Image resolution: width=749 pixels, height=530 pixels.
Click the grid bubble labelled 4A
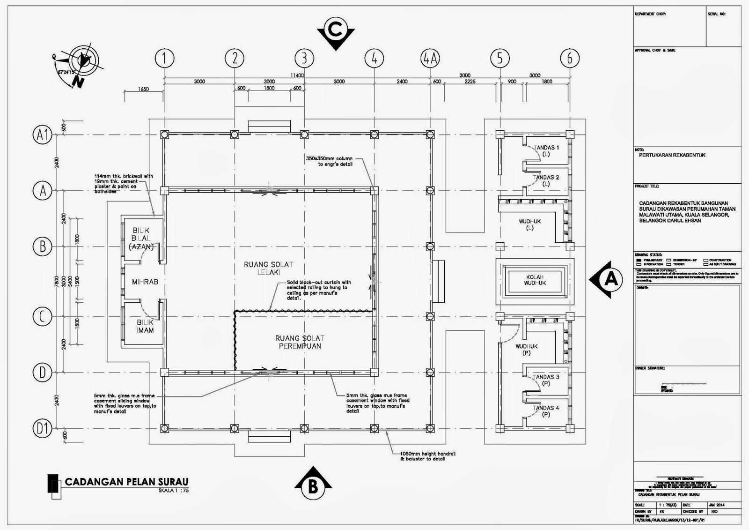click(430, 59)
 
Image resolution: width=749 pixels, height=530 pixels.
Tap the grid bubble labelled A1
click(42, 135)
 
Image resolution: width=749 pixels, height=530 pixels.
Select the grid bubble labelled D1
click(42, 428)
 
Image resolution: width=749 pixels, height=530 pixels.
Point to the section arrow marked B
click(313, 485)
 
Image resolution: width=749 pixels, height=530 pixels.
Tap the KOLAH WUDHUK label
click(535, 280)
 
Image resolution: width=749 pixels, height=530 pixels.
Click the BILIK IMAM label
click(145, 326)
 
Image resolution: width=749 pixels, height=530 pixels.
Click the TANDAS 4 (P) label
click(546, 411)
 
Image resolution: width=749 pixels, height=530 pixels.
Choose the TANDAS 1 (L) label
click(546, 150)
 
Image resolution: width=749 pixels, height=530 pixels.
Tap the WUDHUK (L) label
click(529, 224)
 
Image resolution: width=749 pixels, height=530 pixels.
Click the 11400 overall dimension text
click(297, 75)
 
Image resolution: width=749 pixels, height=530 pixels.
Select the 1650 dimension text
click(144, 89)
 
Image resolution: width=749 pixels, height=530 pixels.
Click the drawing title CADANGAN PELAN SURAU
click(126, 482)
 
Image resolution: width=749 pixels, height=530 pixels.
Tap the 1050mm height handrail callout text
click(428, 456)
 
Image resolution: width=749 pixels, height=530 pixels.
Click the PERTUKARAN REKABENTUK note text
click(672, 155)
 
